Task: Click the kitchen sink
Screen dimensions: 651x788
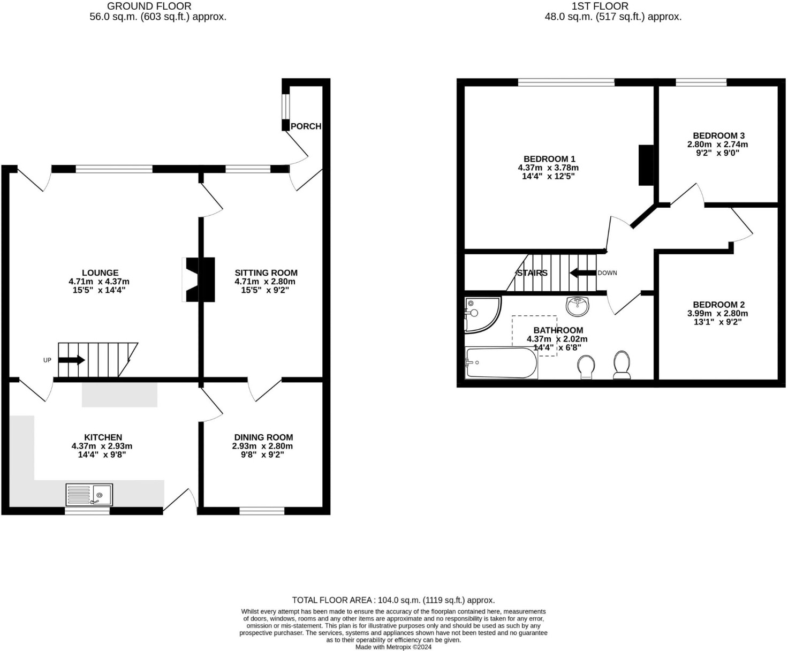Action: [89, 495]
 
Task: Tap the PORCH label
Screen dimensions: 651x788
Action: [306, 126]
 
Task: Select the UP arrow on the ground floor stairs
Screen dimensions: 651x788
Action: [71, 360]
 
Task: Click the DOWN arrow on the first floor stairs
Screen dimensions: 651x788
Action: [582, 273]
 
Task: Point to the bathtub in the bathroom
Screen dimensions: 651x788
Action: [501, 363]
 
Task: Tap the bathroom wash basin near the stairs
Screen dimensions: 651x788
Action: [577, 306]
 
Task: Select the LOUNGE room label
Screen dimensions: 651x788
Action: [100, 273]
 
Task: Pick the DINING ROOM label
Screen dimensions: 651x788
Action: [263, 437]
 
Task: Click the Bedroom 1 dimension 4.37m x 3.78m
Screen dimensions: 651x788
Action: [548, 168]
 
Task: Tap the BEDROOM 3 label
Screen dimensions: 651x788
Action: [718, 136]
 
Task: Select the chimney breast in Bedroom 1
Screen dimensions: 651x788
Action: [646, 165]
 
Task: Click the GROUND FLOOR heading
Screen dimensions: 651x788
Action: [149, 6]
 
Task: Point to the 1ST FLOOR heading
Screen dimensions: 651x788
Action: [600, 6]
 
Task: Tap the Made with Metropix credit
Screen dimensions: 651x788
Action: [393, 647]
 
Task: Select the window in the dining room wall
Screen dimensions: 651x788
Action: [262, 511]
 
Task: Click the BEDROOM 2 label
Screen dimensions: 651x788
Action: [718, 305]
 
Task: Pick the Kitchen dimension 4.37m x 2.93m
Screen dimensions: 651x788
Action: [102, 446]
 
